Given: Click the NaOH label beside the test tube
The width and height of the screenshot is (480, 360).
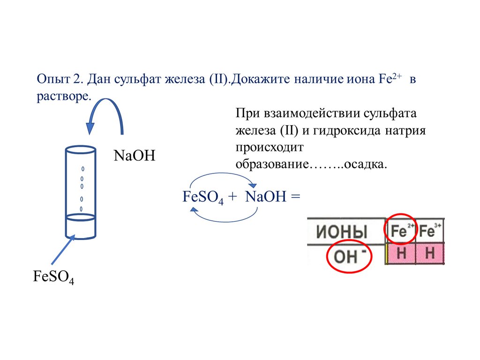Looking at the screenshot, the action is [134, 155].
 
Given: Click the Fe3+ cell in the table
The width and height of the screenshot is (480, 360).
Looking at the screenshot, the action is [430, 231].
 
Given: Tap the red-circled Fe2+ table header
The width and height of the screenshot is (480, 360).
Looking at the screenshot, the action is [401, 230].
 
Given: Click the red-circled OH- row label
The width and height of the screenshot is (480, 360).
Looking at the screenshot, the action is [349, 255].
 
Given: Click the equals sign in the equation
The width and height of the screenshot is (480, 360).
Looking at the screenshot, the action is [295, 196].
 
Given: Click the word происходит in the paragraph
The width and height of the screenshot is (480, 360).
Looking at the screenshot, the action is [270, 148].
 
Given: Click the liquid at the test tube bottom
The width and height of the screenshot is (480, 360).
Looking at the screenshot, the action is [80, 227].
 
